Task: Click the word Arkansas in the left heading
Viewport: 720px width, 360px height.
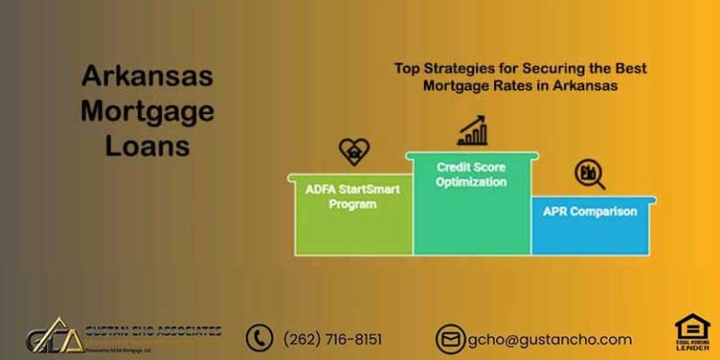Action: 147,77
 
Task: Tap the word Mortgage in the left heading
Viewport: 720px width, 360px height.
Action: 147,112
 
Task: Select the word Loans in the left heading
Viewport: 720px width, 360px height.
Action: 147,146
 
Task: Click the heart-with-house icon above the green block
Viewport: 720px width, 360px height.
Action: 353,151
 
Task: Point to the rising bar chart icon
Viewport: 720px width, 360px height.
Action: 472,130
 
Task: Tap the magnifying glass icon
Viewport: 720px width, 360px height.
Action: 589,174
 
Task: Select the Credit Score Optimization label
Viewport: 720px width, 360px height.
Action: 472,174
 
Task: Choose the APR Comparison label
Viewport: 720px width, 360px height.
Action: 590,211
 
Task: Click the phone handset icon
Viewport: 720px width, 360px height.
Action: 259,338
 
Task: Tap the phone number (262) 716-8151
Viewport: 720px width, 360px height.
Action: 333,339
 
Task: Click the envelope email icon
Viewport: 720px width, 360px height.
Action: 450,339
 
